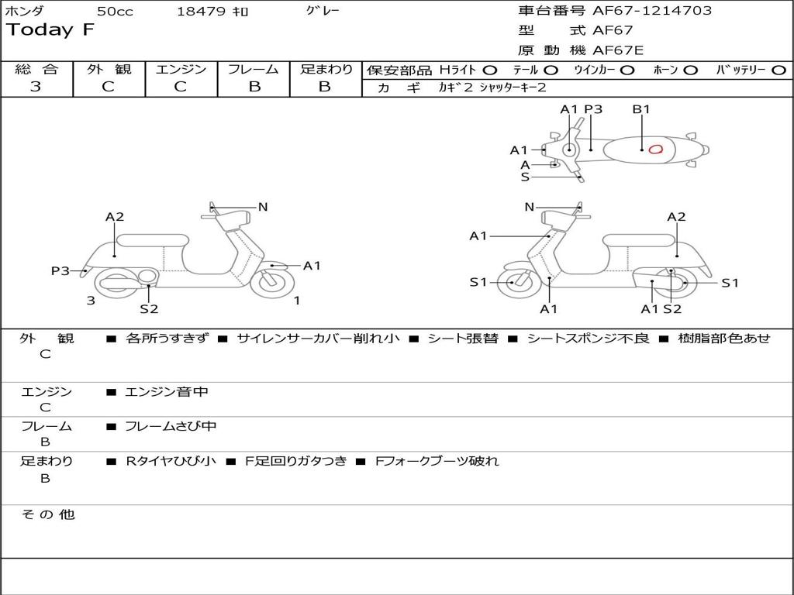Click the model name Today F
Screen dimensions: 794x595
[x=50, y=30]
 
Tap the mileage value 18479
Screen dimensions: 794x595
[x=201, y=12]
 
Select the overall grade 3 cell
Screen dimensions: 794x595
[x=36, y=87]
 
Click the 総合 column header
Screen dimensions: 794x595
[x=36, y=69]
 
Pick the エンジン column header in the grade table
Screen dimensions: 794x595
[x=181, y=69]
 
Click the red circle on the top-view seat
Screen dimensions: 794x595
[x=655, y=149]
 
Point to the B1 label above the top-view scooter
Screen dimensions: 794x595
[x=641, y=109]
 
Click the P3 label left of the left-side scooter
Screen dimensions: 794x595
[x=60, y=270]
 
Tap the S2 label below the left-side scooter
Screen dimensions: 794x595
[x=149, y=309]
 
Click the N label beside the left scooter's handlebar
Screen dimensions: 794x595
[x=263, y=207]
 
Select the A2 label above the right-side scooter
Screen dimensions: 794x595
[x=676, y=217]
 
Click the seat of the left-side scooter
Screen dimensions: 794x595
[x=152, y=240]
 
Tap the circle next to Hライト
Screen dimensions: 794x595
[x=490, y=70]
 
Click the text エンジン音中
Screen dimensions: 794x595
[x=167, y=392]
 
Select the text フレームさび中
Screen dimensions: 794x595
[x=171, y=426]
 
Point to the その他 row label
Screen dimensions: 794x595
[x=47, y=514]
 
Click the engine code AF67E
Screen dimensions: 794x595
[x=618, y=50]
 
